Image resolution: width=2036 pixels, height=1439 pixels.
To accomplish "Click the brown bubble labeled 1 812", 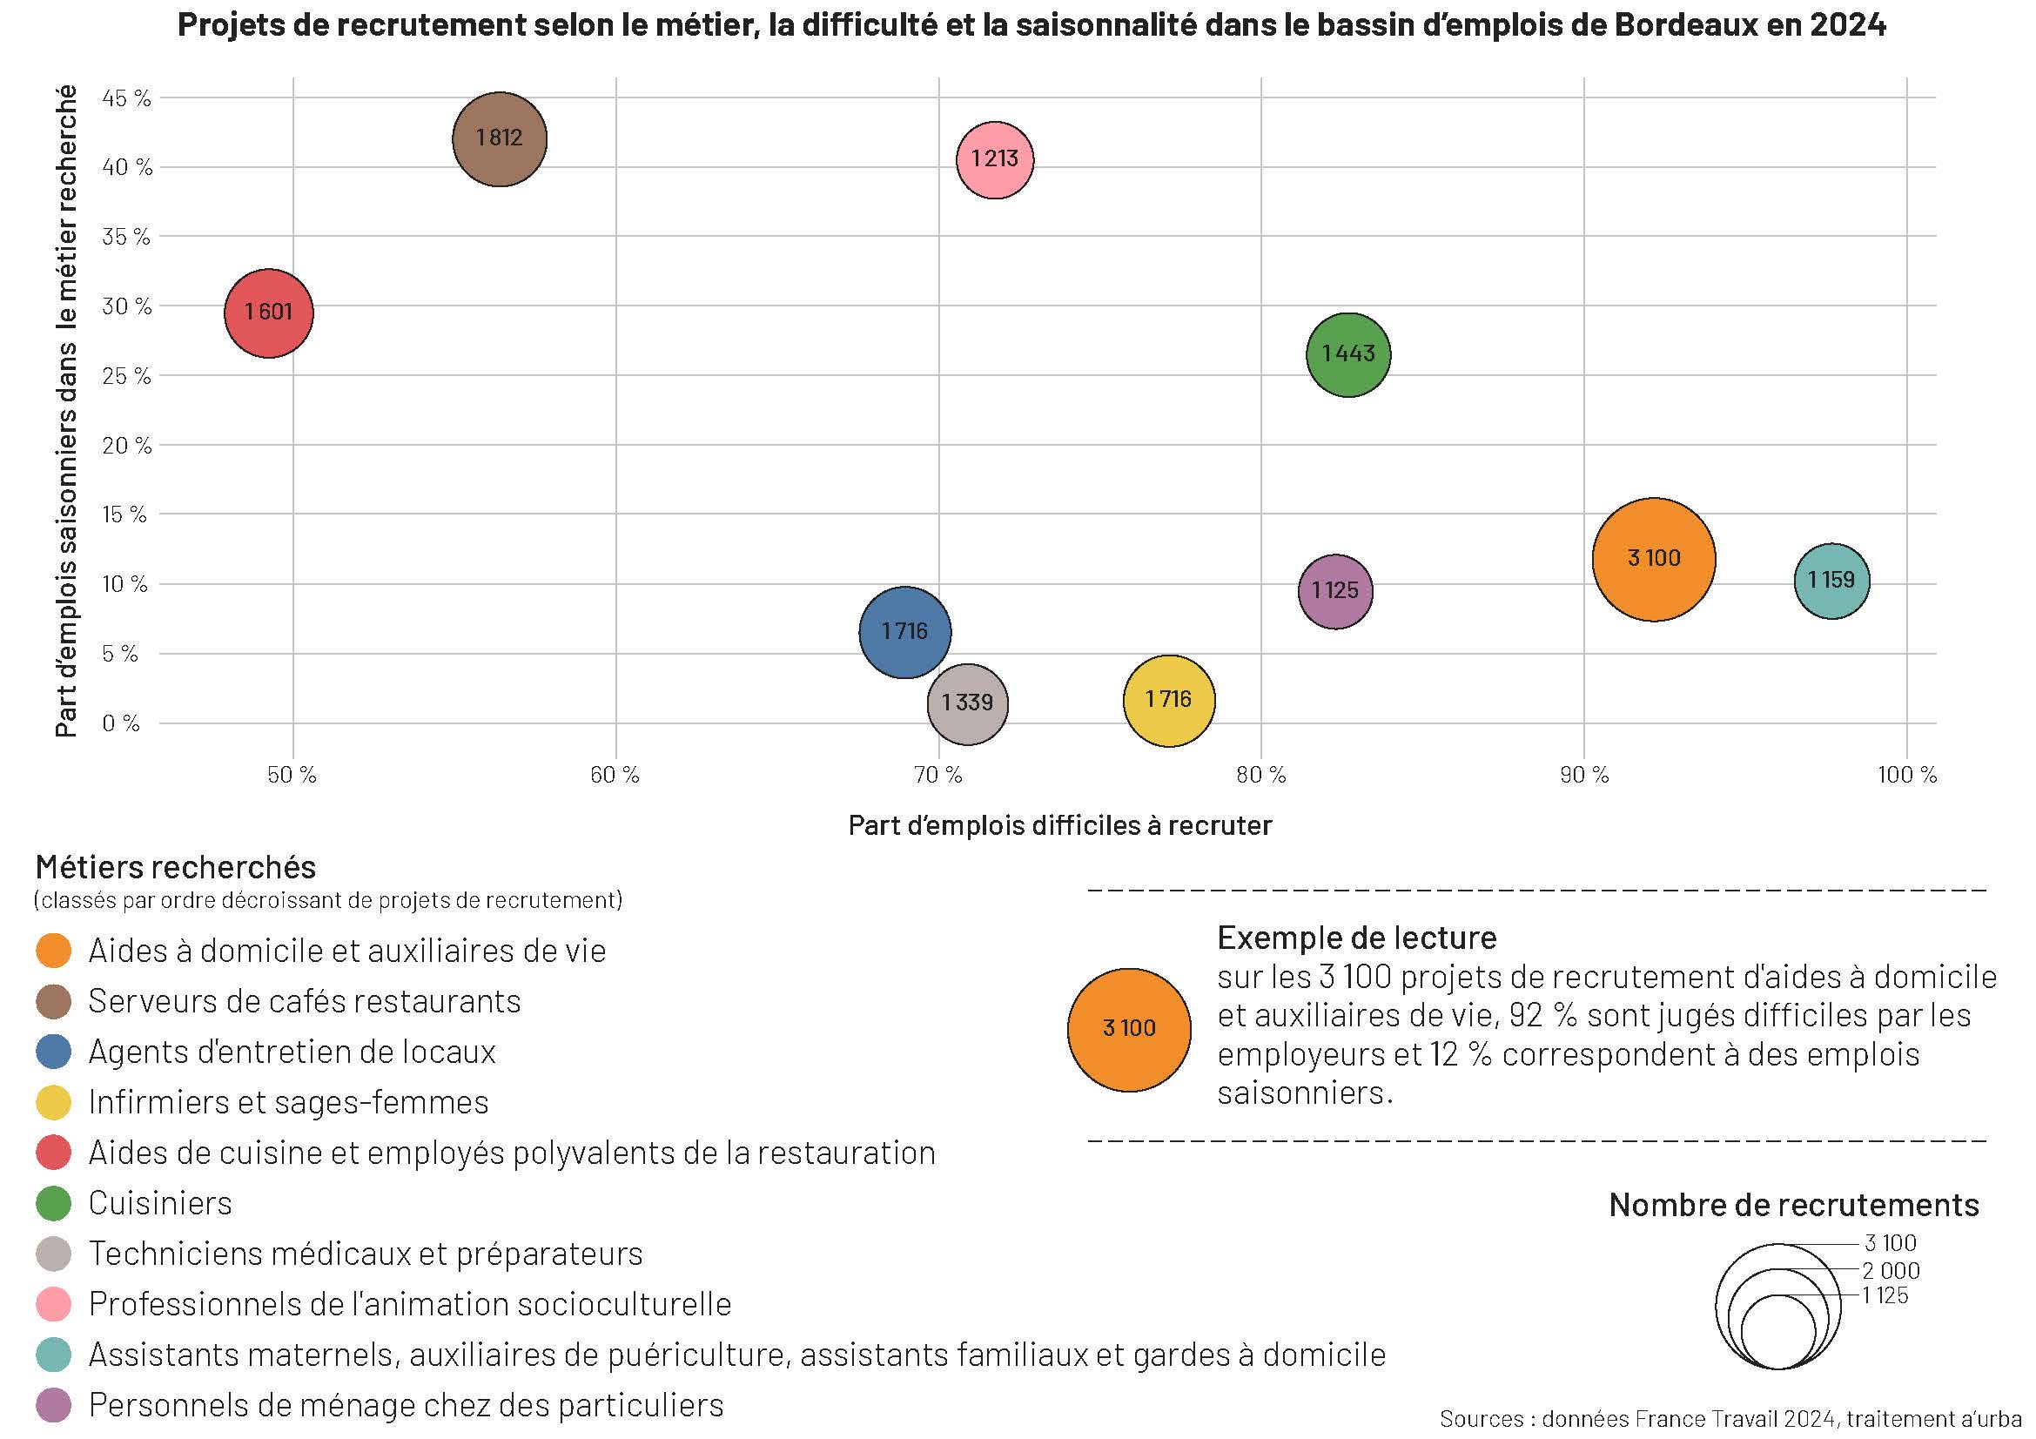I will [500, 139].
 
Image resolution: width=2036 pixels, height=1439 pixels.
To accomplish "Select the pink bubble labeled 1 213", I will [994, 159].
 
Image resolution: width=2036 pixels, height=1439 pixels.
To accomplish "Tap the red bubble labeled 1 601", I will [268, 313].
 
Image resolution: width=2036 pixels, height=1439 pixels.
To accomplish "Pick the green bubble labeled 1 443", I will [1347, 354].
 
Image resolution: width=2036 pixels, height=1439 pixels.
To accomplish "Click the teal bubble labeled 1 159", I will [1831, 581].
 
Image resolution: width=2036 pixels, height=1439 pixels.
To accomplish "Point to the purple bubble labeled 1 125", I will [1334, 591].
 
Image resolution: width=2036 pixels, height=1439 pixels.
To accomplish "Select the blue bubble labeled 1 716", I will [904, 632].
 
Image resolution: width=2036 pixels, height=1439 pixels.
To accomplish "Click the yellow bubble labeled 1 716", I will [1169, 701].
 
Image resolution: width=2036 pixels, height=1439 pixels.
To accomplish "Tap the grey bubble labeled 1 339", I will [967, 704].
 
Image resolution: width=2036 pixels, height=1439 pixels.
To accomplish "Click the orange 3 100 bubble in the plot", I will [1654, 559].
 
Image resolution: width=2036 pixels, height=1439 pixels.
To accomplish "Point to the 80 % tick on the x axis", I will [1261, 776].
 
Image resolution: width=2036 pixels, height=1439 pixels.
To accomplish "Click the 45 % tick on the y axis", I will [127, 98].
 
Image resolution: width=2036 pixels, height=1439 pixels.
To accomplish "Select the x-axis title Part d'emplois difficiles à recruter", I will [1059, 826].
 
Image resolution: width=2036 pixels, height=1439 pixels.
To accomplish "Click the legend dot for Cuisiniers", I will [53, 1204].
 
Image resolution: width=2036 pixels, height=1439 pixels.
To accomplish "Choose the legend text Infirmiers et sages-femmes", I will [288, 1102].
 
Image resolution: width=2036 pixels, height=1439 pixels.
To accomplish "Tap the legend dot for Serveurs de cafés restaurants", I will [53, 1002].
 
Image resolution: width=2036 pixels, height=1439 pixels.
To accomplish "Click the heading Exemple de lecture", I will [1356, 938].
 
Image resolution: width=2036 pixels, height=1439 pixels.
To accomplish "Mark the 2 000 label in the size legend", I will [1891, 1270].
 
